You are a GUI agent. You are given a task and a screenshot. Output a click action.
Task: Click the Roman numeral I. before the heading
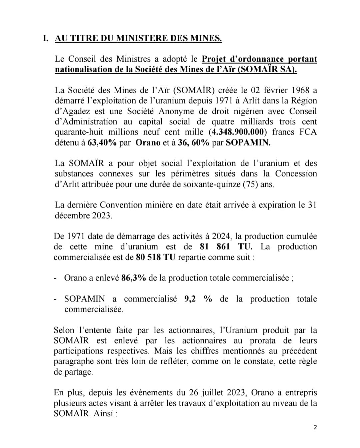tap(46, 38)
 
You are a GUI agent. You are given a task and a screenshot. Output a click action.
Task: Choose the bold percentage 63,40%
tap(102, 143)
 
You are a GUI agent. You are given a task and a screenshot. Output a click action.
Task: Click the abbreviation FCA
tap(308, 132)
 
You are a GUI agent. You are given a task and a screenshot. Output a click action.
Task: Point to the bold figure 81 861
tap(215, 247)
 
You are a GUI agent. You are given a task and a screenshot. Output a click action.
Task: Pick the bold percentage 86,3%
tap(133, 278)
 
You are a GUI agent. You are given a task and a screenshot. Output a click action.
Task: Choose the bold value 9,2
tap(190, 299)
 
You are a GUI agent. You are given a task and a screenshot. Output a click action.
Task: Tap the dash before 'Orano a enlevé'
tap(55, 278)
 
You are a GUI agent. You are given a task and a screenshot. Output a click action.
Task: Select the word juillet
tap(216, 393)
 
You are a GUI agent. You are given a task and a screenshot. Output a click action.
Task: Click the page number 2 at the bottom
tap(315, 427)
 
